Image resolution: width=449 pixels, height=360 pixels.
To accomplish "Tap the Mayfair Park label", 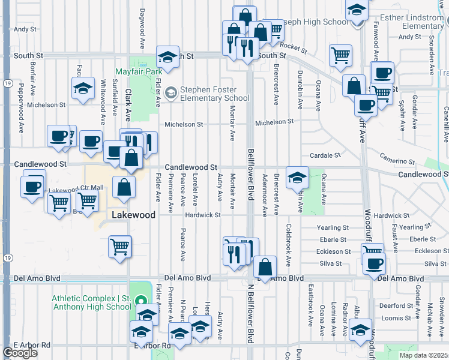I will pyautogui.click(x=140, y=71).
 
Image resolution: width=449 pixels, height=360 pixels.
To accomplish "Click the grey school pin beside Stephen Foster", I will pyautogui.click(x=171, y=92).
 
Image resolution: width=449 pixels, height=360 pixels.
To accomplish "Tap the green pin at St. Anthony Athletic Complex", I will pyautogui.click(x=140, y=301).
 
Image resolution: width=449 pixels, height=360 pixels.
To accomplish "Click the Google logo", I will pyautogui.click(x=20, y=353).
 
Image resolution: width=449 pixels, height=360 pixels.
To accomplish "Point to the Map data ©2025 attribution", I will pyautogui.click(x=423, y=355).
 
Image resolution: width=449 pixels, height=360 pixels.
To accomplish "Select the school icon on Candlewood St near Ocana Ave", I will pyautogui.click(x=297, y=178).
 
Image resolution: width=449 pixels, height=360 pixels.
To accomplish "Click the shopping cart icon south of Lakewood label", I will pyautogui.click(x=120, y=247).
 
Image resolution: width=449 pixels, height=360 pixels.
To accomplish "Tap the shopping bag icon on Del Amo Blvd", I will pyautogui.click(x=265, y=267).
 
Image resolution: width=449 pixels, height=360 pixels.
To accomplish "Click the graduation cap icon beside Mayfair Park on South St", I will pyautogui.click(x=168, y=57).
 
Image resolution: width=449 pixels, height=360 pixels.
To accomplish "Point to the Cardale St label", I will pyautogui.click(x=329, y=155).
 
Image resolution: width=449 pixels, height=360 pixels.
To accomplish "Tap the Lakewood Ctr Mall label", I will pyautogui.click(x=76, y=188).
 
